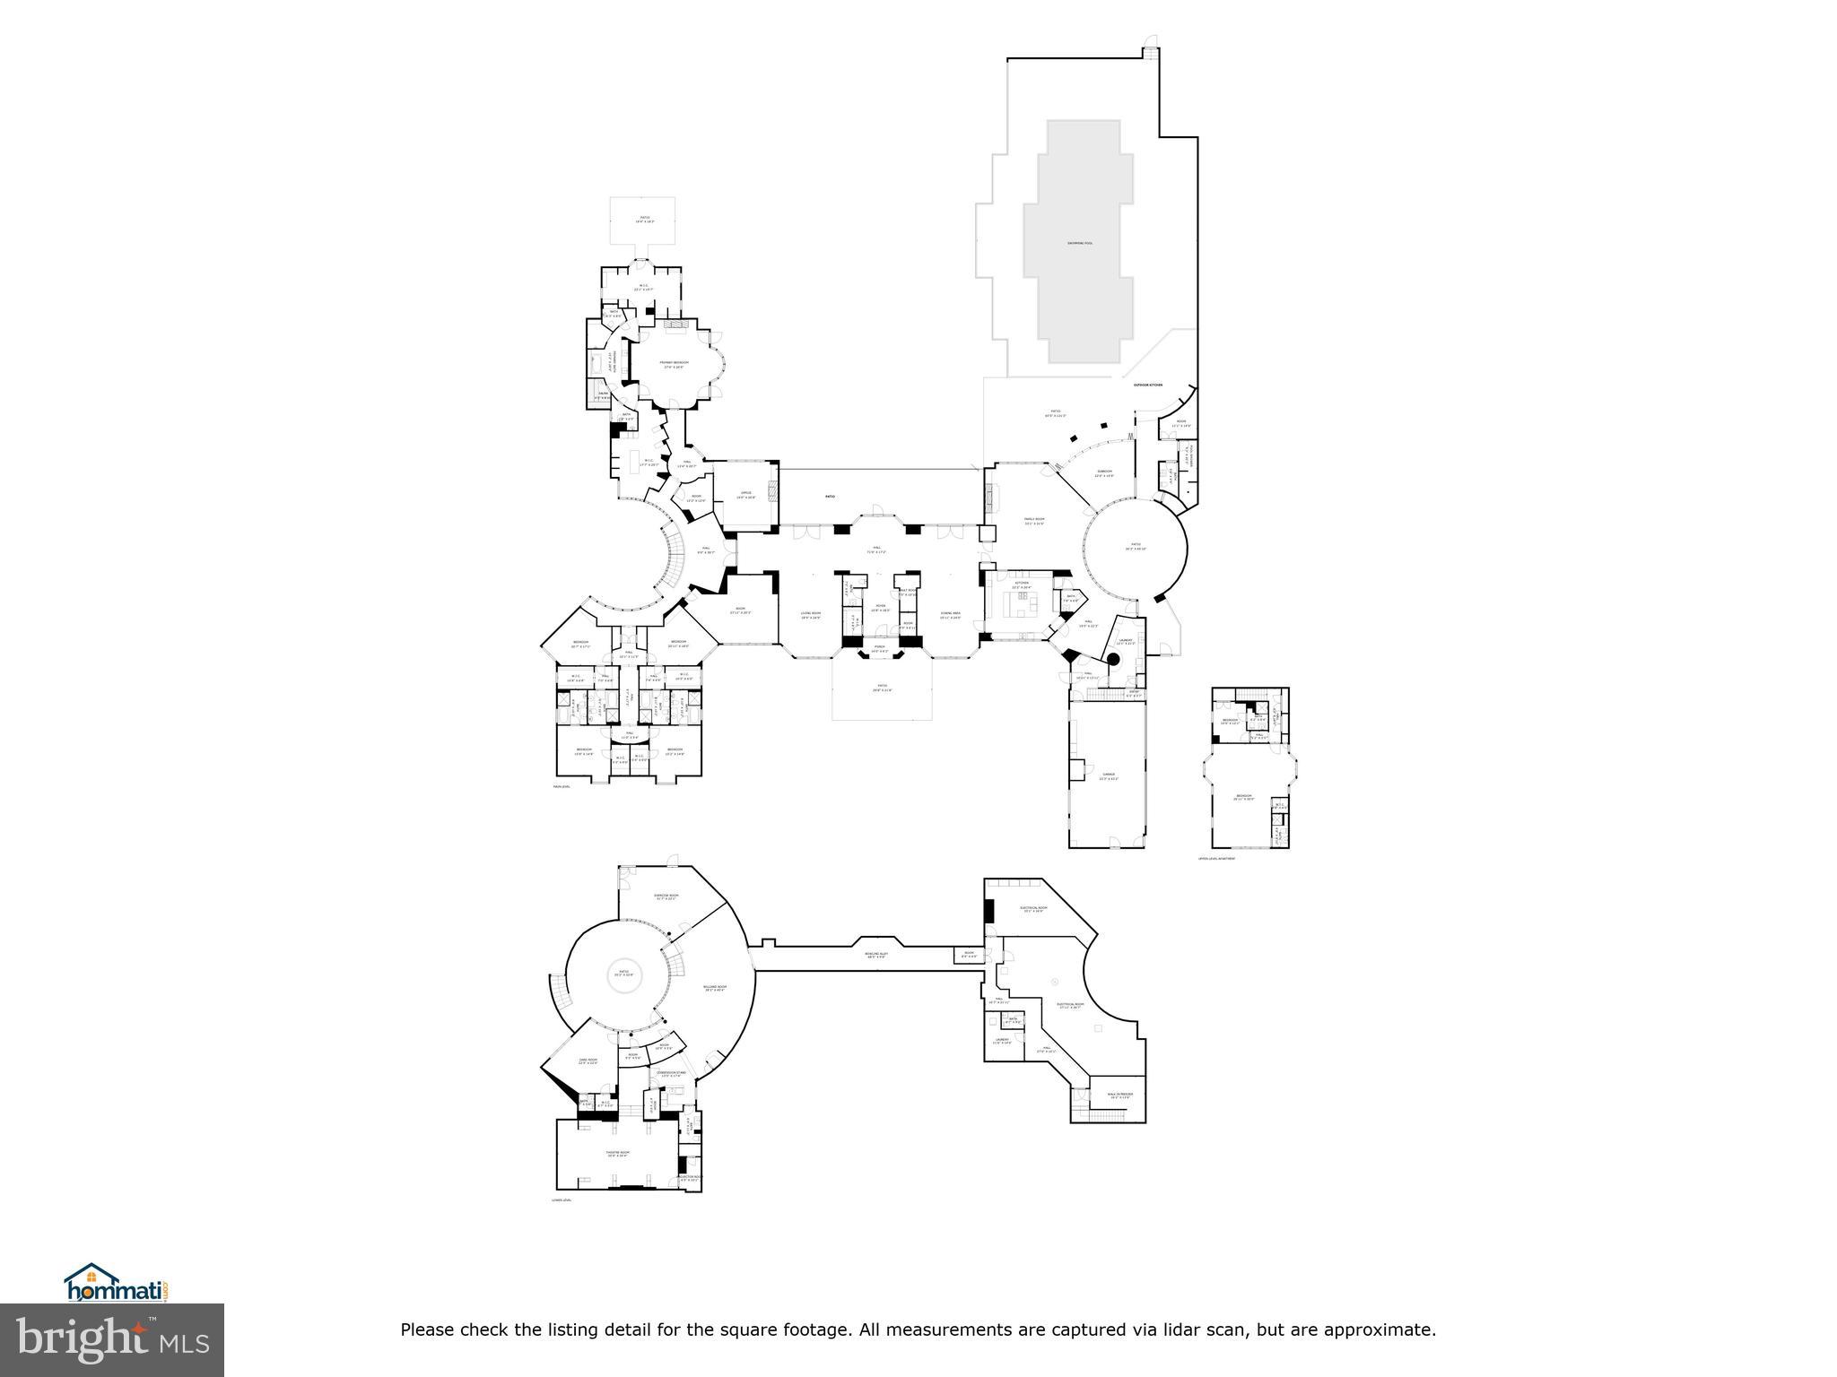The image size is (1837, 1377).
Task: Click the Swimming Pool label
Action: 1079,243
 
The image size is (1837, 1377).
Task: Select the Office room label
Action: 745,493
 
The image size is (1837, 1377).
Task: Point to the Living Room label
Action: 810,614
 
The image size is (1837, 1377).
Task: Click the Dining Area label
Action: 950,614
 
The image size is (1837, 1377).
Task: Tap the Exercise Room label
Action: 666,896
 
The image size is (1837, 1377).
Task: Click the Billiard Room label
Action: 715,988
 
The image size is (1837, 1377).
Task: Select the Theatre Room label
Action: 615,1154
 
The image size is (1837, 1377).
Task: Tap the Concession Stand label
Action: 673,1073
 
